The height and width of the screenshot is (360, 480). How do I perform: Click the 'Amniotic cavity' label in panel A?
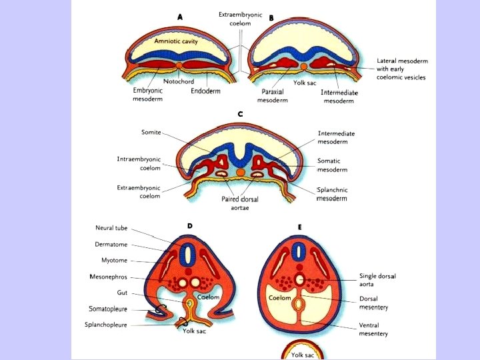click(x=177, y=41)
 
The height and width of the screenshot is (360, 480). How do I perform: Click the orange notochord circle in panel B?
click(x=304, y=67)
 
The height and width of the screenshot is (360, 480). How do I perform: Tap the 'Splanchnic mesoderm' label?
click(x=332, y=194)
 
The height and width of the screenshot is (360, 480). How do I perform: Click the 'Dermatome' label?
click(x=111, y=244)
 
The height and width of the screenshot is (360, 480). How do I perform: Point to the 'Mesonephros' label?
click(x=110, y=276)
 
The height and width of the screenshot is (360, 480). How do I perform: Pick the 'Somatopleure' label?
click(x=109, y=309)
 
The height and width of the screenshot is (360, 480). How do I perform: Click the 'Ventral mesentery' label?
click(x=373, y=329)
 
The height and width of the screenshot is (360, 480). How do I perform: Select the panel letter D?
click(x=190, y=226)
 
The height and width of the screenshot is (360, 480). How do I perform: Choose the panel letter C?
click(x=240, y=114)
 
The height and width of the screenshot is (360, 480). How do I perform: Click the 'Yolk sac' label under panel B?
click(x=305, y=84)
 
